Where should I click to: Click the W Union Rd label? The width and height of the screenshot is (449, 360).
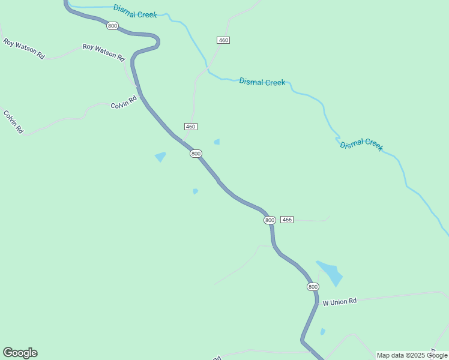click(x=340, y=302)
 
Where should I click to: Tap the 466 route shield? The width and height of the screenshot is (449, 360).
click(x=287, y=220)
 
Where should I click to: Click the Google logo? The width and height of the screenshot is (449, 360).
click(x=20, y=353)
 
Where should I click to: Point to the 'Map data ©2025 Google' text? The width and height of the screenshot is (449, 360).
click(x=412, y=355)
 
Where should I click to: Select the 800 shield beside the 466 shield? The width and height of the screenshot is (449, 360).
click(x=270, y=220)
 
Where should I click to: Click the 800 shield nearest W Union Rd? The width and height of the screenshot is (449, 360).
click(x=313, y=287)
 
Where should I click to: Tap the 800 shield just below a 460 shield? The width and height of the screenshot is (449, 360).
click(x=196, y=154)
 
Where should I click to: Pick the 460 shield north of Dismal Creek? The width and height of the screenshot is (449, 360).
click(x=223, y=40)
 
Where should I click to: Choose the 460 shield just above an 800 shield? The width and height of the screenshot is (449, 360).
click(x=190, y=127)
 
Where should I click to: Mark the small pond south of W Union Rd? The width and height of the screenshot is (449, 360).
click(x=323, y=331)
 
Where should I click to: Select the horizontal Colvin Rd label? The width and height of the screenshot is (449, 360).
click(x=124, y=106)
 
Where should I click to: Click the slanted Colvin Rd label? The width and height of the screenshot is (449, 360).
click(x=13, y=121)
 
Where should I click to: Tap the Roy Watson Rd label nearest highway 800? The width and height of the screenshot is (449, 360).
click(x=103, y=52)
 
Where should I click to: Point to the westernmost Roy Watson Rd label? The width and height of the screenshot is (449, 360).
click(x=24, y=49)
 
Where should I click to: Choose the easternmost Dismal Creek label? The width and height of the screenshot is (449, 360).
click(x=361, y=145)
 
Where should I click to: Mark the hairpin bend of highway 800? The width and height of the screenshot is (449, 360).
click(x=157, y=41)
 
